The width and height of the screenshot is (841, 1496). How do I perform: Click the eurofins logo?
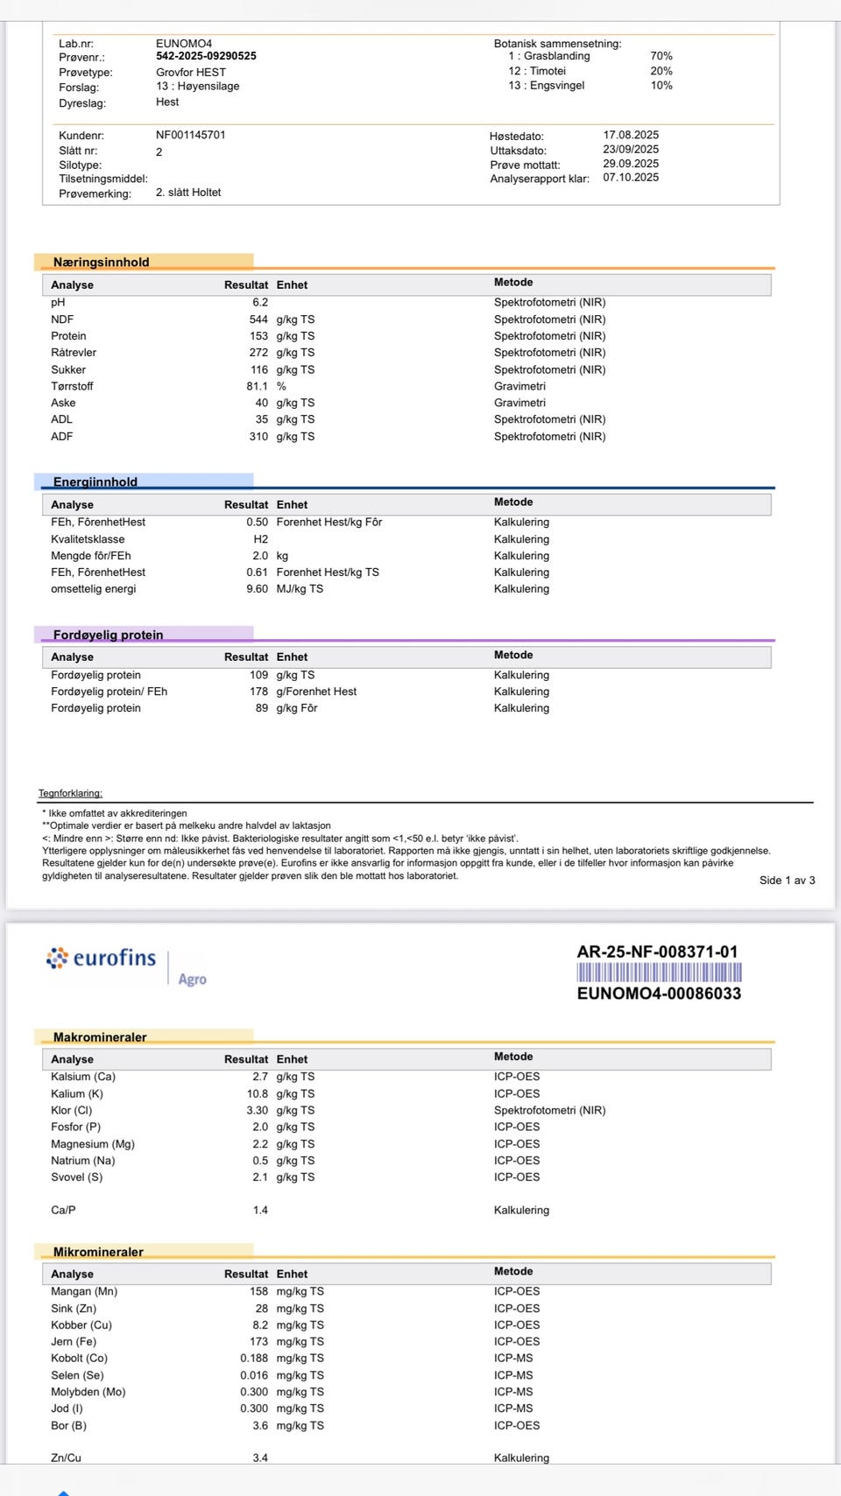[101, 959]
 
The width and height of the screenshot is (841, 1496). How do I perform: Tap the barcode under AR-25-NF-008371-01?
[659, 973]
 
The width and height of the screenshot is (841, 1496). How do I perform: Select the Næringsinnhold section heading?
[101, 262]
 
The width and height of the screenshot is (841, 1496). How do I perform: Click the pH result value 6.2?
[260, 303]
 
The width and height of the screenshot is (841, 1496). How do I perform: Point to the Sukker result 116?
[259, 370]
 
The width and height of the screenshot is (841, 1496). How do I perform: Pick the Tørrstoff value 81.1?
[257, 387]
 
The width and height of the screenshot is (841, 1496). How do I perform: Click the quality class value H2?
[261, 539]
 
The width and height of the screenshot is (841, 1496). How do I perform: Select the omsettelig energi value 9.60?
[257, 589]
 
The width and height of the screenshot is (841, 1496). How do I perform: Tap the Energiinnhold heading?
[95, 481]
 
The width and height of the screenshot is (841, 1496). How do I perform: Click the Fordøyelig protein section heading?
[108, 635]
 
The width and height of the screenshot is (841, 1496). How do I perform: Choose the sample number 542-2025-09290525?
[206, 56]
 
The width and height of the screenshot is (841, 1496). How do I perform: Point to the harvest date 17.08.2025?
[631, 136]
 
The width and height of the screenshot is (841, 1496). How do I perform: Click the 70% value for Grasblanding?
[661, 56]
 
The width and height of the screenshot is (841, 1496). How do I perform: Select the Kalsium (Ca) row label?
[83, 1077]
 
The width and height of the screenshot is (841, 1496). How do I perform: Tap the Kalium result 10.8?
[257, 1094]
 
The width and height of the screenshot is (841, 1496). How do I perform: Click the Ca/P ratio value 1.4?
[260, 1211]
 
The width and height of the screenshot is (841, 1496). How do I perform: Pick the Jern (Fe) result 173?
[258, 1342]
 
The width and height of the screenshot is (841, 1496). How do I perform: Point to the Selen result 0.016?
[254, 1375]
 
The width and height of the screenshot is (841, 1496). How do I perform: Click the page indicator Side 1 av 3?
[787, 881]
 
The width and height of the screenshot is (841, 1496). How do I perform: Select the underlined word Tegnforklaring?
[70, 793]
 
